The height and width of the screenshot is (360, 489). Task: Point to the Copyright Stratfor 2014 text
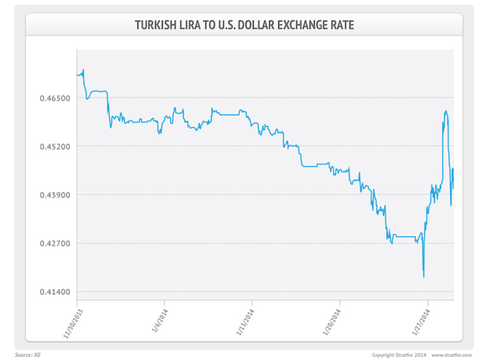(x=399, y=354)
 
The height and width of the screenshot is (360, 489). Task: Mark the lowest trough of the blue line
(x=424, y=277)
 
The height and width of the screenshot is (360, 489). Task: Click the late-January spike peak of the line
(x=446, y=110)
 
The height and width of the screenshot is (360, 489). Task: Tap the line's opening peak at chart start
(x=84, y=70)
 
